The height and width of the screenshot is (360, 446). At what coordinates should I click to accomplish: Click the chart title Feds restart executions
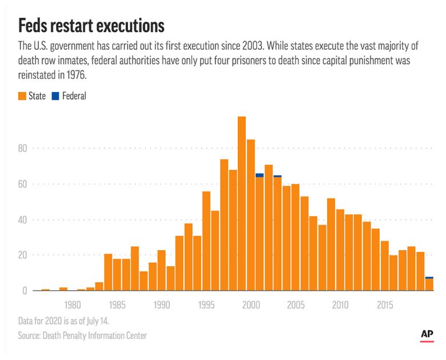[x=91, y=25]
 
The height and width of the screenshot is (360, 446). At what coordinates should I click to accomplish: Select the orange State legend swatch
[x=22, y=96]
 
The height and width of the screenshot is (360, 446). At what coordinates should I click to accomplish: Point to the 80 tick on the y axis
[x=22, y=148]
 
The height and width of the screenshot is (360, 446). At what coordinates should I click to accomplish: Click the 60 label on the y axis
[x=22, y=184]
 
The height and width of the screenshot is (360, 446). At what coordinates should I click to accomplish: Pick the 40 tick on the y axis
[x=22, y=220]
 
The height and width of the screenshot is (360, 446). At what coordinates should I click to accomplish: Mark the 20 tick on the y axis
[x=22, y=255]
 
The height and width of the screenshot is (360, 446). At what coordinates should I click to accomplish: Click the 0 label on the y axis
[x=25, y=291]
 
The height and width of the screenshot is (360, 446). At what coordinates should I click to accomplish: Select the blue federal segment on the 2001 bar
[x=260, y=175]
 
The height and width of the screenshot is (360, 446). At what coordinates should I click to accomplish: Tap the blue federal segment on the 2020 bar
[x=429, y=278]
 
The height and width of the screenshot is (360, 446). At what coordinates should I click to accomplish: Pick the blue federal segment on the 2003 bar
[x=277, y=176]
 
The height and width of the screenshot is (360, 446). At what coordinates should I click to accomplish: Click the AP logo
[x=427, y=334]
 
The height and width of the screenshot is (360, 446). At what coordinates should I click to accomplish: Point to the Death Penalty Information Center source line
[x=83, y=335]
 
